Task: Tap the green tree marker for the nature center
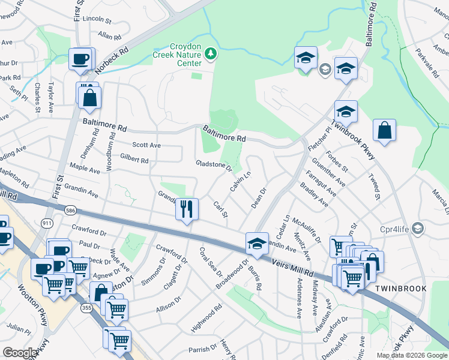(210, 55)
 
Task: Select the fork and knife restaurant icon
(187, 209)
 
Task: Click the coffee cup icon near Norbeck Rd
(80, 59)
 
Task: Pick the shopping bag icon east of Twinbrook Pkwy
(384, 130)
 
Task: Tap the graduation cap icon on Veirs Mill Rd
(257, 243)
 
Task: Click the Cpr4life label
(393, 229)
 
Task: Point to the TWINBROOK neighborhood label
(400, 289)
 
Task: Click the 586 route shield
(71, 209)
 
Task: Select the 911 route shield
(47, 223)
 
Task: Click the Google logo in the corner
(19, 353)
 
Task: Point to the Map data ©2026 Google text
(411, 355)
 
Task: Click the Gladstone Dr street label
(214, 164)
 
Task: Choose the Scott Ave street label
(146, 145)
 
